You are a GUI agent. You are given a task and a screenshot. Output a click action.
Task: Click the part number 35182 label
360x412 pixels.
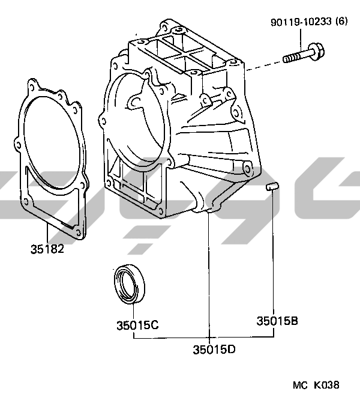click(47, 249)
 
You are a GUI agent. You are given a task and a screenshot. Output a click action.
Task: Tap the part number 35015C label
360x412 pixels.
click(137, 326)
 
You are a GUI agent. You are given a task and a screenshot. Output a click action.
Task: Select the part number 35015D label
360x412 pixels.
click(214, 350)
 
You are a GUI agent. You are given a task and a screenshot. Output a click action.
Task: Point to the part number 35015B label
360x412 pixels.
click(277, 321)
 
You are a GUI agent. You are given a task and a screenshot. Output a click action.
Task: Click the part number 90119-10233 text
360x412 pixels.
click(301, 22)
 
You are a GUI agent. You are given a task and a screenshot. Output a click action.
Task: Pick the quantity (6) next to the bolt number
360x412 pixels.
click(341, 21)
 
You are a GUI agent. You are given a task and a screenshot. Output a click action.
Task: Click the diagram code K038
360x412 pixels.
click(326, 385)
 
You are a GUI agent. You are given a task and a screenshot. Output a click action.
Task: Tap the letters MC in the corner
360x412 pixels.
click(300, 386)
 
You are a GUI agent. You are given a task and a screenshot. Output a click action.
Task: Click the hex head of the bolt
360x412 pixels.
click(316, 52)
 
